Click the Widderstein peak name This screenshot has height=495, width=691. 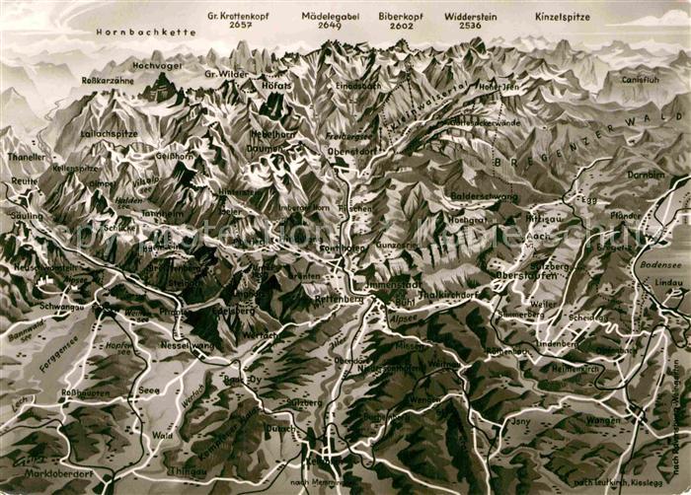(x=470, y=16)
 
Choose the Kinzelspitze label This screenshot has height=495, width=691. (x=562, y=16)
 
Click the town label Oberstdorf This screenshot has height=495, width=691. (x=352, y=151)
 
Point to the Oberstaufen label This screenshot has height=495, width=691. (x=525, y=275)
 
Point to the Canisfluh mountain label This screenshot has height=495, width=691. (x=640, y=78)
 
